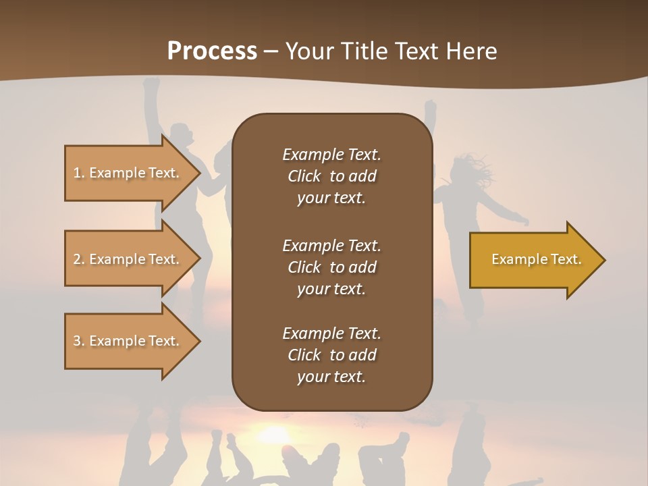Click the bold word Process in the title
point(212,51)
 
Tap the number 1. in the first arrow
point(79,173)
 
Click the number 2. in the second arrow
point(79,259)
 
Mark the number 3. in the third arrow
point(79,341)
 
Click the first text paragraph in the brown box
point(331,176)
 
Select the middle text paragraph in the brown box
point(331,267)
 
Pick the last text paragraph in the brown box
point(331,355)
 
